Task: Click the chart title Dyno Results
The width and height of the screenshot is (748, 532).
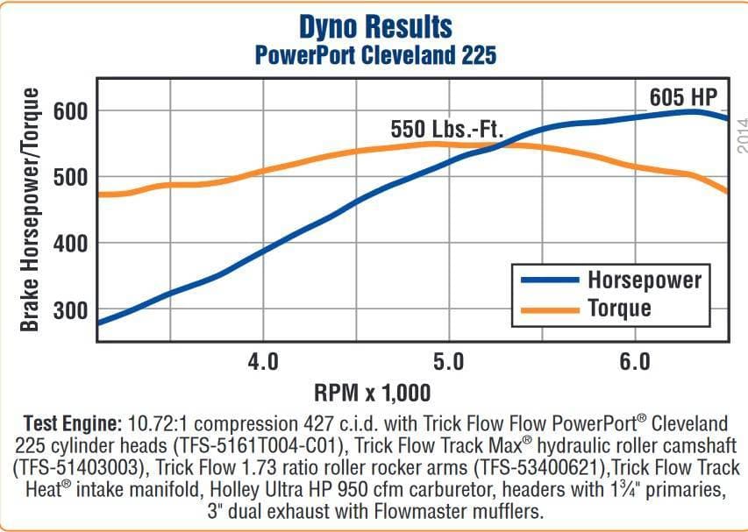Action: [375, 26]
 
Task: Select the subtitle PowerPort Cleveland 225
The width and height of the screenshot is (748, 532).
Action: [375, 55]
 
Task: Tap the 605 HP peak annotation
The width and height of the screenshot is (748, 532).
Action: [683, 96]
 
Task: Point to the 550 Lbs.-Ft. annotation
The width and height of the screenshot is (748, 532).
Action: [446, 131]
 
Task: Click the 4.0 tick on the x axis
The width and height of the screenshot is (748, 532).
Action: [262, 361]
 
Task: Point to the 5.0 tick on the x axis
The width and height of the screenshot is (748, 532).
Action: [448, 361]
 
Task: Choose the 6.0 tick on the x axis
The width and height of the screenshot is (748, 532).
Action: [634, 361]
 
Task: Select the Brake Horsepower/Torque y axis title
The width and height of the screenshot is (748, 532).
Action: [30, 210]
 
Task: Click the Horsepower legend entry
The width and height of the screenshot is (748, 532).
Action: [645, 280]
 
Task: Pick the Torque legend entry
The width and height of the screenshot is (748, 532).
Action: [619, 308]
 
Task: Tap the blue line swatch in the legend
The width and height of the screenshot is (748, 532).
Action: [550, 280]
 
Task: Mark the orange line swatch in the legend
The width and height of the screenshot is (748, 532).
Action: [550, 309]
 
